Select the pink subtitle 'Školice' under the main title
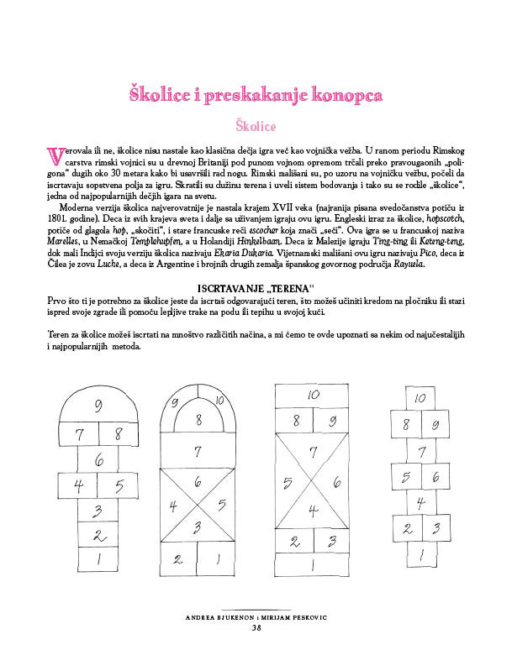click(x=256, y=126)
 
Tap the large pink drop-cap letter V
click(x=56, y=156)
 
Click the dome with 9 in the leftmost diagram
click(x=99, y=407)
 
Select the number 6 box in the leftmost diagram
click(x=99, y=460)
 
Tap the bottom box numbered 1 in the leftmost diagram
click(x=99, y=558)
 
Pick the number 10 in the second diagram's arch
click(x=218, y=402)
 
